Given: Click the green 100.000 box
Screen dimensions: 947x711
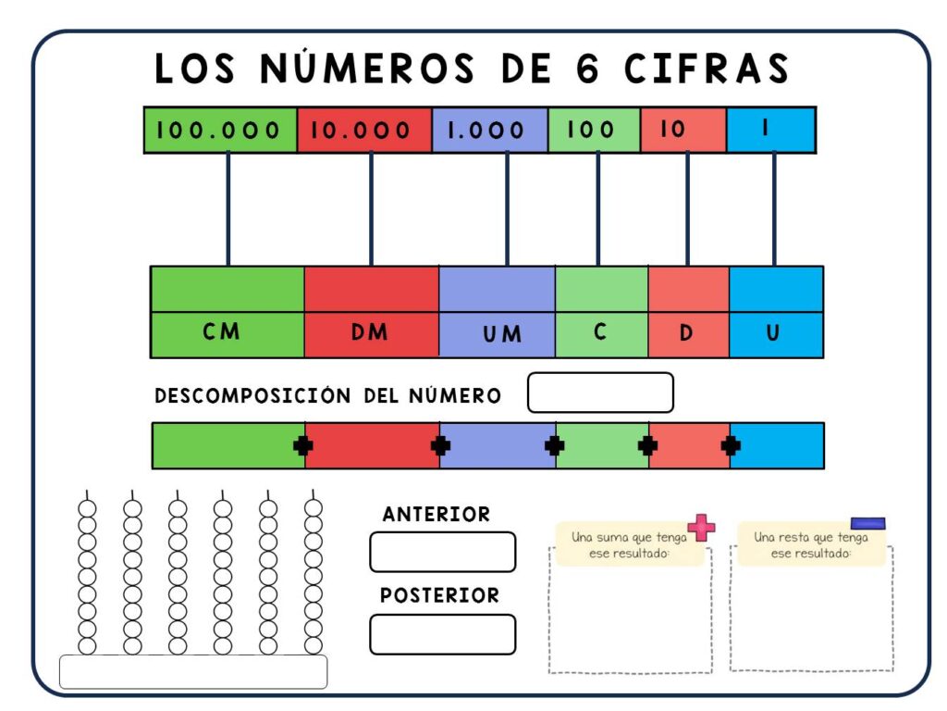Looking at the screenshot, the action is [x=220, y=130].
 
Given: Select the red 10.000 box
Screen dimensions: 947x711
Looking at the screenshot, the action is [x=364, y=130].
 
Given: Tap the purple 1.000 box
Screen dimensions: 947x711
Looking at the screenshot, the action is [x=490, y=130].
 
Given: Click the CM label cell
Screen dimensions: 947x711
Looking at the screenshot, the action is [x=228, y=334].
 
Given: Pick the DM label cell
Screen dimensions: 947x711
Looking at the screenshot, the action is [x=372, y=334].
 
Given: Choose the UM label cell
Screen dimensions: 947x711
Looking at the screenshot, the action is [x=497, y=334].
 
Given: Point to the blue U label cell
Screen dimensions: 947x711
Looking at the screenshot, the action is [x=776, y=334].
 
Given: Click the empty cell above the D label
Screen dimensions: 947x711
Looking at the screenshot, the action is [x=688, y=290].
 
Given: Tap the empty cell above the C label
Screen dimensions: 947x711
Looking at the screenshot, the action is [x=601, y=290].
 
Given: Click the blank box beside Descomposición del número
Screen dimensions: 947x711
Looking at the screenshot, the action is [x=600, y=393].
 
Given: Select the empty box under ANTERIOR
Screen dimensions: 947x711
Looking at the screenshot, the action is [x=443, y=552].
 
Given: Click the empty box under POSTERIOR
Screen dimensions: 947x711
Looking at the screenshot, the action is [x=443, y=634].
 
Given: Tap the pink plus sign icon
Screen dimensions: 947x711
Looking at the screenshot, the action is [x=701, y=527].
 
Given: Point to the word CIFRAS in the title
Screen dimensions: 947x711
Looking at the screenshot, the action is [x=707, y=68].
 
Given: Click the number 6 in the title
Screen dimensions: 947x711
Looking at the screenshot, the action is [x=586, y=68].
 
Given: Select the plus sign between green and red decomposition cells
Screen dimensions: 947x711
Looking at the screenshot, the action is [x=303, y=446].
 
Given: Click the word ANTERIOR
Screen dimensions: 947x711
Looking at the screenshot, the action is [x=437, y=515].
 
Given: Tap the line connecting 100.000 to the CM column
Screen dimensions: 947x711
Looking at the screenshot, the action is [x=228, y=209].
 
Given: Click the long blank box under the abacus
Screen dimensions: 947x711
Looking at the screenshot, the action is [x=193, y=672].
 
